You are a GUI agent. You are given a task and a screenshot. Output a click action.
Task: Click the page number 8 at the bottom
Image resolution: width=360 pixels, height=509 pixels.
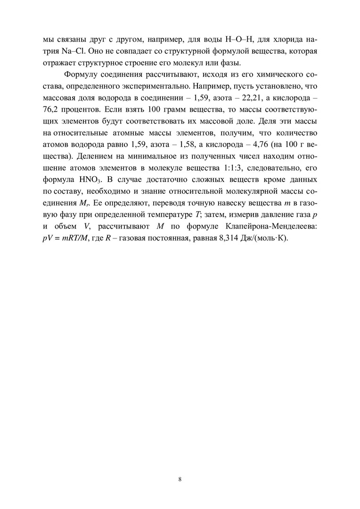(180, 479)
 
